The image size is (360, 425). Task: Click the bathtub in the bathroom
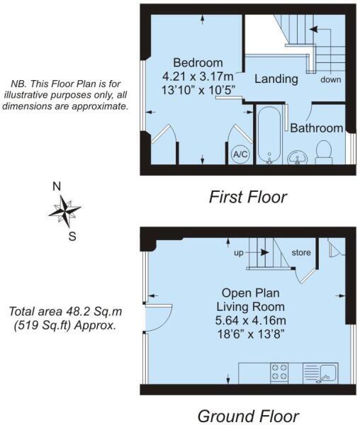tap(269, 135)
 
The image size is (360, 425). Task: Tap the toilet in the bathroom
tap(325, 151)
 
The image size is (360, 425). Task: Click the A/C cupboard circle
tap(240, 154)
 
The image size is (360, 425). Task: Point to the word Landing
tap(276, 79)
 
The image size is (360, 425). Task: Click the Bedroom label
tap(192, 62)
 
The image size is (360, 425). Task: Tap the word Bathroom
tap(316, 128)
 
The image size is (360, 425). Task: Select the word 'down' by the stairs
tap(330, 79)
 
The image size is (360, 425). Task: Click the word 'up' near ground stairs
tap(239, 251)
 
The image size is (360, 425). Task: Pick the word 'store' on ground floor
tap(302, 251)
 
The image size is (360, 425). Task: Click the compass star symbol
tap(64, 210)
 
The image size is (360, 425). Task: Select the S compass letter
tap(72, 237)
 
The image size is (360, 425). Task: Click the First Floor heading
tap(248, 196)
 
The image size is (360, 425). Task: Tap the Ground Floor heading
tap(247, 415)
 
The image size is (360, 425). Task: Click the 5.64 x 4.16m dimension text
tap(253, 320)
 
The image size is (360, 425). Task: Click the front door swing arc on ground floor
tap(162, 316)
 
